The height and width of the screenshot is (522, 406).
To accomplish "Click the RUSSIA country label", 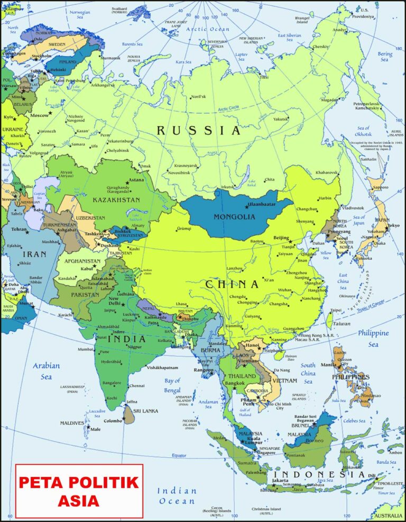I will pyautogui.click(x=198, y=130).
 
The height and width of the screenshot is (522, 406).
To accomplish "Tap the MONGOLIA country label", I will pyautogui.click(x=234, y=216).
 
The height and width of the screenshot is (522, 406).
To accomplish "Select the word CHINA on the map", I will pyautogui.click(x=232, y=284).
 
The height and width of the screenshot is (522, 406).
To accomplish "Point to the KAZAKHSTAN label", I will pyautogui.click(x=116, y=200).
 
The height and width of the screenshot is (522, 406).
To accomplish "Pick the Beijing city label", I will pyautogui.click(x=281, y=238).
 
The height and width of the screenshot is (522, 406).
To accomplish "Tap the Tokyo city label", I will pyautogui.click(x=393, y=226).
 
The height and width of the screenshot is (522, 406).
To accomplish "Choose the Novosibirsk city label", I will pyautogui.click(x=182, y=172).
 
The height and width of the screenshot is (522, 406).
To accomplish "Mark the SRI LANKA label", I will pyautogui.click(x=146, y=410).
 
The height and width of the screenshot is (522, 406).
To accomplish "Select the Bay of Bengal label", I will pyautogui.click(x=172, y=385).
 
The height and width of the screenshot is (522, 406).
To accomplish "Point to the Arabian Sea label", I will pyautogui.click(x=46, y=371).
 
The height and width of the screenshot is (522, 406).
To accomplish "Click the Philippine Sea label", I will pyautogui.click(x=373, y=338).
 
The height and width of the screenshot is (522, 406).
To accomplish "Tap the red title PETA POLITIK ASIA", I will pyautogui.click(x=79, y=490).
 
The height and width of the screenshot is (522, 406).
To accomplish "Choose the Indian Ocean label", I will pyautogui.click(x=177, y=496).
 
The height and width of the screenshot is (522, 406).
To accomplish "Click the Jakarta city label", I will pyautogui.click(x=280, y=480).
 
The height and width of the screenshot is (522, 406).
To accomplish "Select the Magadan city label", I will pyautogui.click(x=329, y=100).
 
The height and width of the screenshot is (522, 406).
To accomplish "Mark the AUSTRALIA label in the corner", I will pyautogui.click(x=389, y=516).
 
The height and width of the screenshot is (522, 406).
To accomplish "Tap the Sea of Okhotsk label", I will pyautogui.click(x=363, y=131).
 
